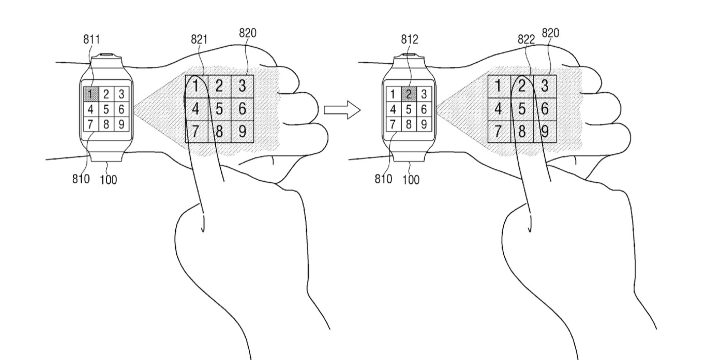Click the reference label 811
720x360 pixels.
click(91, 39)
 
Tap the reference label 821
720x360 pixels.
click(199, 39)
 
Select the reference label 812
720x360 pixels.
click(409, 39)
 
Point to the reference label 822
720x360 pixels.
click(526, 39)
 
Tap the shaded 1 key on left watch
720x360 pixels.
click(90, 94)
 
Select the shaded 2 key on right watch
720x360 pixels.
click(408, 94)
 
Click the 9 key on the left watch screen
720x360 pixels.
click(121, 124)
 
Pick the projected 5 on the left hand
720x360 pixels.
click(219, 109)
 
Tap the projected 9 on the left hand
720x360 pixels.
click(242, 132)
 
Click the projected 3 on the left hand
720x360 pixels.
click(242, 85)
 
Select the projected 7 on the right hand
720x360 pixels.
click(498, 132)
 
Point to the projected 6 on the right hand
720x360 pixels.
click(545, 109)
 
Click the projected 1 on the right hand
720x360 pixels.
click(498, 85)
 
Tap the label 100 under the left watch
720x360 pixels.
click(108, 180)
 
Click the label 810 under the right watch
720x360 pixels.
click(383, 179)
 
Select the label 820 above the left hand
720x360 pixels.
click(247, 33)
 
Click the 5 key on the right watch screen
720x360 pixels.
click(408, 109)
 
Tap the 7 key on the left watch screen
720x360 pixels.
click(90, 124)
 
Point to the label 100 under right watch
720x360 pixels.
click(411, 180)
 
